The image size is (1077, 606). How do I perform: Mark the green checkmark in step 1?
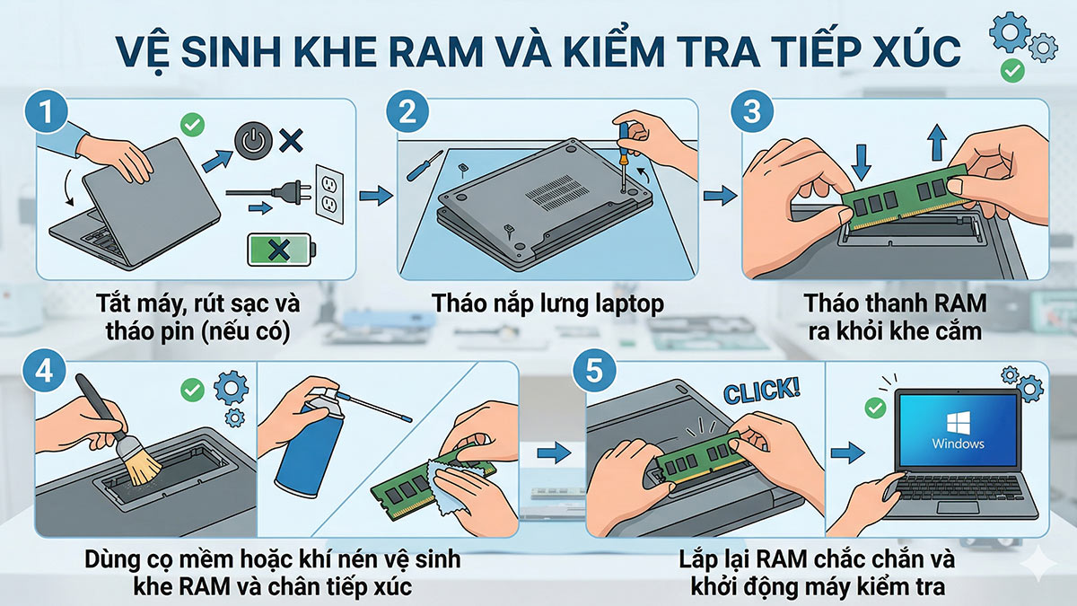(x=191, y=124)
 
